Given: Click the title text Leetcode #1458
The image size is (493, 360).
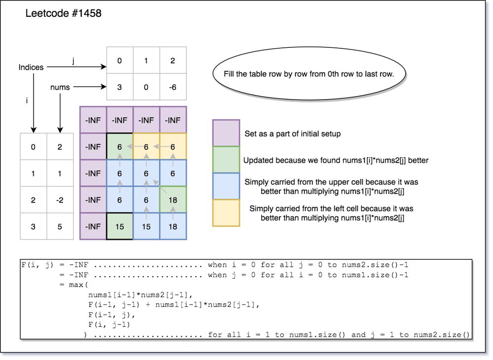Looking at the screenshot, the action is [x=63, y=13].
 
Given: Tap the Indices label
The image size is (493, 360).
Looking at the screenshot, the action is [x=31, y=67].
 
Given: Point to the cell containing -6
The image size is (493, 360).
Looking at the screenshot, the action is [x=173, y=87].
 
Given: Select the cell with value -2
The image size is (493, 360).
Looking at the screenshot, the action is [x=60, y=200].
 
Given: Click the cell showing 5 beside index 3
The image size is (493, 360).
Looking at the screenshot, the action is [x=60, y=226].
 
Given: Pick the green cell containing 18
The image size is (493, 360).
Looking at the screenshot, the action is [x=173, y=200].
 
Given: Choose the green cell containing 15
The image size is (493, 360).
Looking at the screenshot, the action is [x=120, y=226].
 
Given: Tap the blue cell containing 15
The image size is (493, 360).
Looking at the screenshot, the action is [x=146, y=226].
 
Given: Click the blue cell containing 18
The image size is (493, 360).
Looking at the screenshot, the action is [x=173, y=226].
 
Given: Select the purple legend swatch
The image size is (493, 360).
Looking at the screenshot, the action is [x=226, y=133].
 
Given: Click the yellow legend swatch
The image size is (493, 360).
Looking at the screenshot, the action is [x=226, y=213].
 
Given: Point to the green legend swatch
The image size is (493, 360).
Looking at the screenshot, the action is [x=226, y=160].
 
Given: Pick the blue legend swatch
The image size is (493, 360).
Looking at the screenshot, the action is [x=226, y=186].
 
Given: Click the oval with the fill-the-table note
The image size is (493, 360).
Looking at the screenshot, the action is [x=309, y=74].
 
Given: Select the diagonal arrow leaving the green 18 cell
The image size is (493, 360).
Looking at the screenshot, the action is [x=160, y=186].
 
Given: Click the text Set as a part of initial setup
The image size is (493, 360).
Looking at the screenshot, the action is [x=292, y=134].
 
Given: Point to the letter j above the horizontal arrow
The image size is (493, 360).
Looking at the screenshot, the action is [x=73, y=61].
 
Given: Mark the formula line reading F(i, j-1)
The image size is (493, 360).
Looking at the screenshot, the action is [x=109, y=324].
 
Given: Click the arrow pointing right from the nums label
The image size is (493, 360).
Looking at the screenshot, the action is [x=90, y=87].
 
